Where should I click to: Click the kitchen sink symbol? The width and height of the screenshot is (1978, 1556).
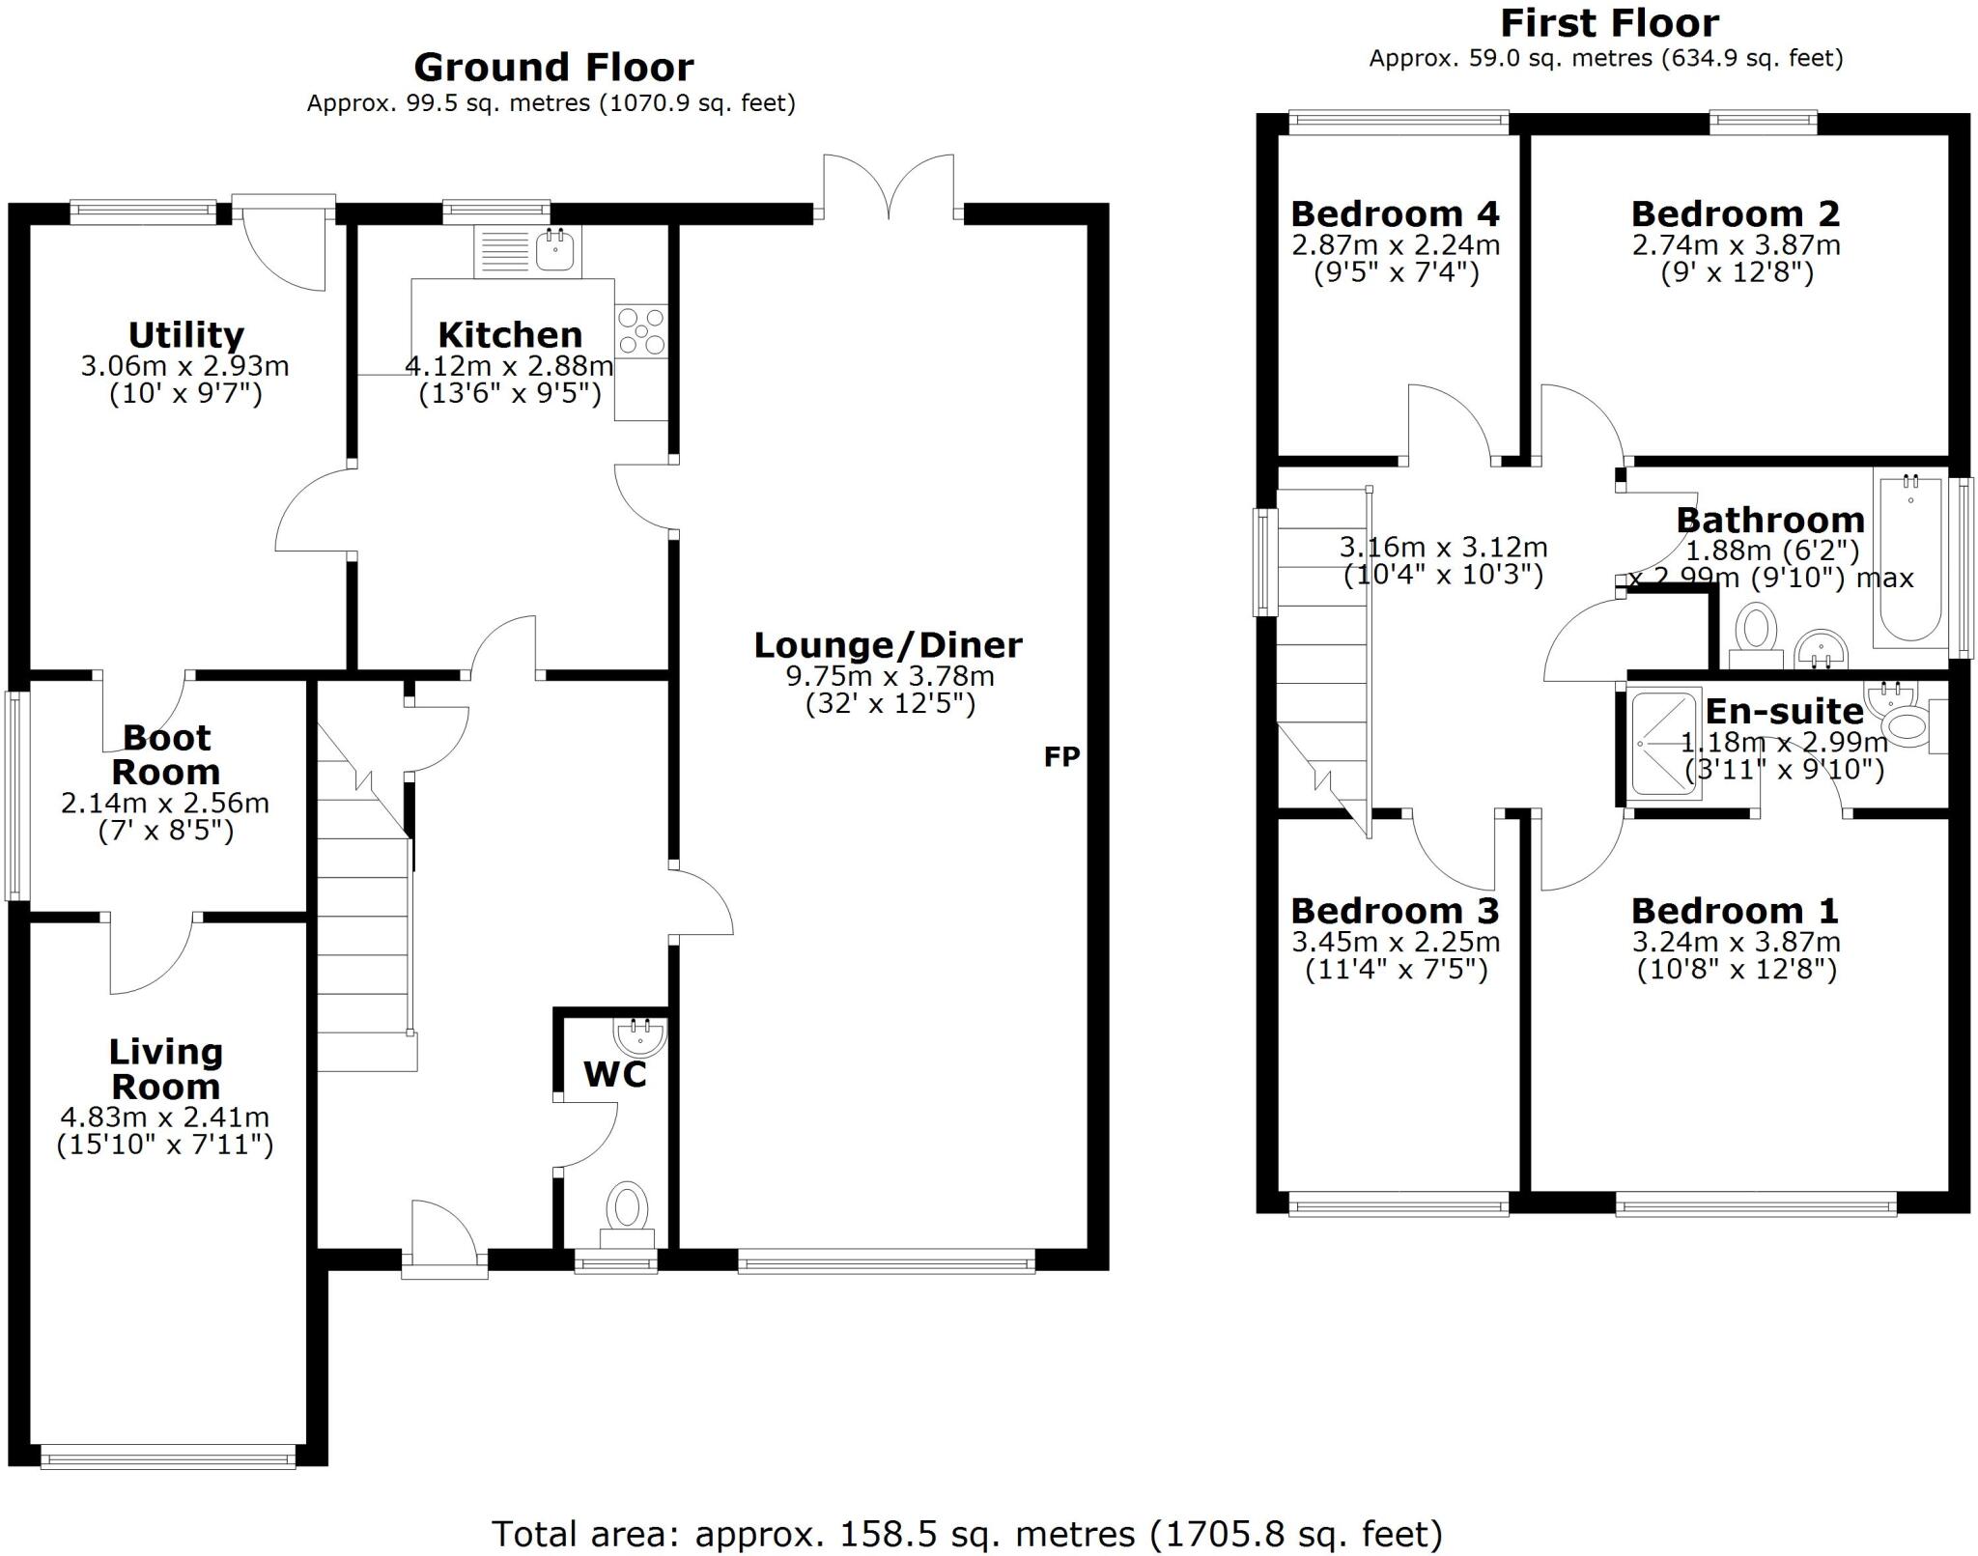coord(554,251)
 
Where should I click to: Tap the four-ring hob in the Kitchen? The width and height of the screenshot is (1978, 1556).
coord(641,330)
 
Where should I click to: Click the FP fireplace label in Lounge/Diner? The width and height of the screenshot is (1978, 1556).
coord(1061,756)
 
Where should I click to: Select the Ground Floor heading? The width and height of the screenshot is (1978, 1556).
coord(553,68)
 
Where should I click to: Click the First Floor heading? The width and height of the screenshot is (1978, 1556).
coord(1609,22)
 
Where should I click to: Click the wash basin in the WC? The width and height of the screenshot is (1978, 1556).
coord(640,1036)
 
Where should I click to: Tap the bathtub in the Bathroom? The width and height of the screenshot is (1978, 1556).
coord(1909,560)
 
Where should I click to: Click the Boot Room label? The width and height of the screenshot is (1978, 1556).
coord(166,754)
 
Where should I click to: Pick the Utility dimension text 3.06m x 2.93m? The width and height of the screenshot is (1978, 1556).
coord(184,366)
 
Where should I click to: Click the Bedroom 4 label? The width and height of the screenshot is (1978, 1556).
coord(1395,213)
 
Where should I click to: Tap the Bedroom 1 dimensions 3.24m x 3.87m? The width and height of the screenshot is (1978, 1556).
coord(1736,942)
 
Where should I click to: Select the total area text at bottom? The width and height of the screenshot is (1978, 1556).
coord(967,1533)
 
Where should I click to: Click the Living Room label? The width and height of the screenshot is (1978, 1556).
coord(166,1068)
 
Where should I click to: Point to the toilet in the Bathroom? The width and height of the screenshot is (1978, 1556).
coord(1756,631)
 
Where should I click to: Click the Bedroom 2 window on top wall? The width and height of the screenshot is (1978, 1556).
coord(1763,120)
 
